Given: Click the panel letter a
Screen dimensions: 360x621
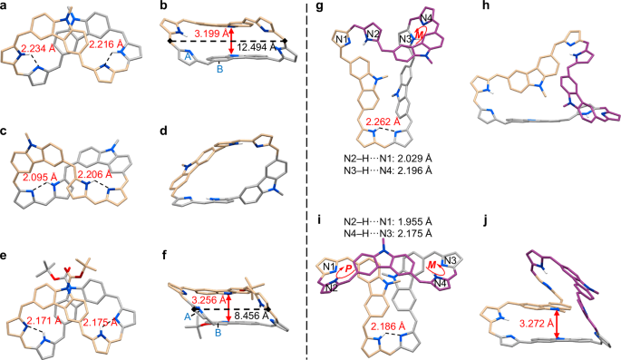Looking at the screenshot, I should [x=6, y=6].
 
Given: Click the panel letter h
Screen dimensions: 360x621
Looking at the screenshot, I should [x=500, y=7].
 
